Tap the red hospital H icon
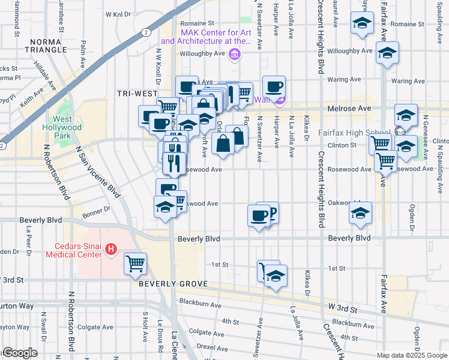[x=110, y=248]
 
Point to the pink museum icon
[x=235, y=55]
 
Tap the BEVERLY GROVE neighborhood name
[x=173, y=284]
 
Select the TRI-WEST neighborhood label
[x=137, y=94]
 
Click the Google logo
[x=20, y=353]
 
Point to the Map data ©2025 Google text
[x=412, y=355]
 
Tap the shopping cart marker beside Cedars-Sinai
[x=136, y=263]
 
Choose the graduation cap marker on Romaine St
[x=362, y=25]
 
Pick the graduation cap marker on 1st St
[x=276, y=277]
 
